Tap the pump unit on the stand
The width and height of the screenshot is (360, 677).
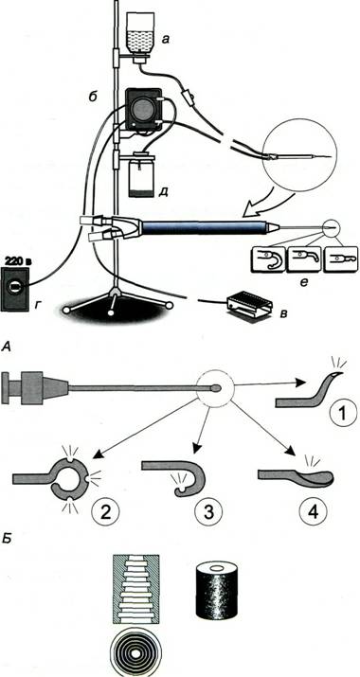[x=143, y=110]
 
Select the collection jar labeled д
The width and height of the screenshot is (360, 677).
[x=142, y=176]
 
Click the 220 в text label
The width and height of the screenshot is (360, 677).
[x=16, y=260]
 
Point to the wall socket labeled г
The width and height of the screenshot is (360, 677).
[x=15, y=289]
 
